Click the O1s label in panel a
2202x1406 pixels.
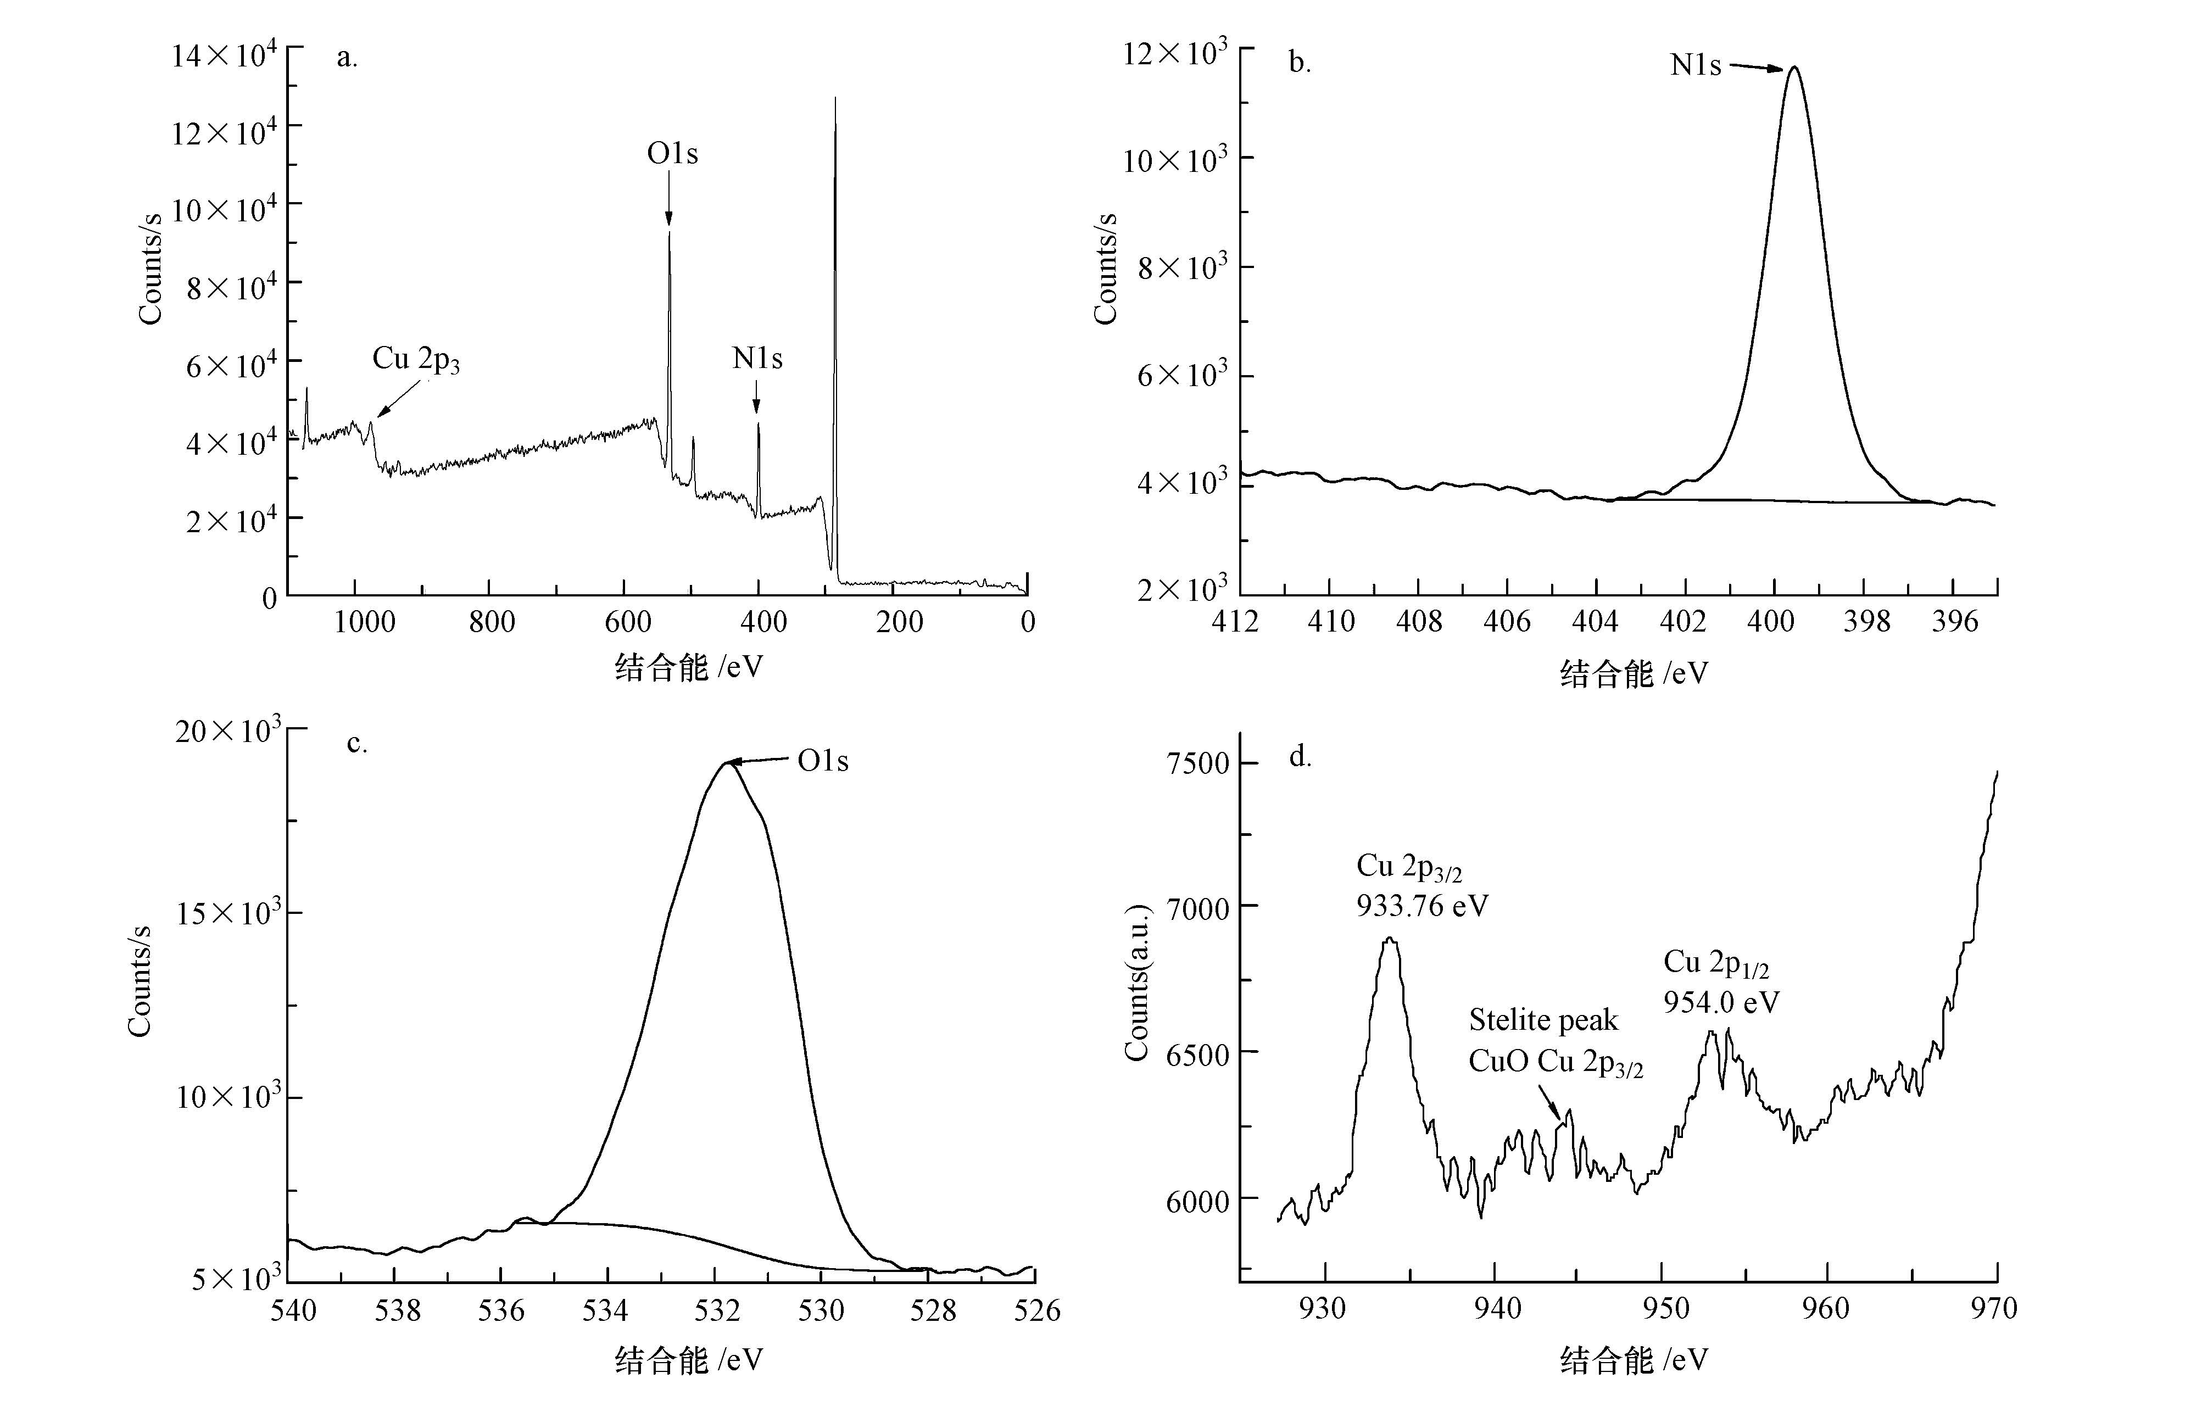coord(672,154)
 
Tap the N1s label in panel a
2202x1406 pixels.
coord(757,358)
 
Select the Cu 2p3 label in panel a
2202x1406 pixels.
coord(415,359)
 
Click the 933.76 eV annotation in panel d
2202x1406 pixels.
coord(1422,906)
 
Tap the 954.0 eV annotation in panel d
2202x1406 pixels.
coord(1721,1003)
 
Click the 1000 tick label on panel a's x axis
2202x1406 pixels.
coord(364,623)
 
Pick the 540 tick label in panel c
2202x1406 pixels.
coord(293,1311)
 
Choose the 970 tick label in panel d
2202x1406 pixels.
coord(1993,1309)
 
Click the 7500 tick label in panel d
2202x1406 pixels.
coord(1197,763)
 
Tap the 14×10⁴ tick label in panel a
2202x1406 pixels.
coord(224,57)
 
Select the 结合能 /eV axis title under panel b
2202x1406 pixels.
coord(1633,674)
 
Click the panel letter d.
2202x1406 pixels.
coord(1300,757)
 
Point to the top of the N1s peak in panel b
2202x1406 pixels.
coord(1794,67)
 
